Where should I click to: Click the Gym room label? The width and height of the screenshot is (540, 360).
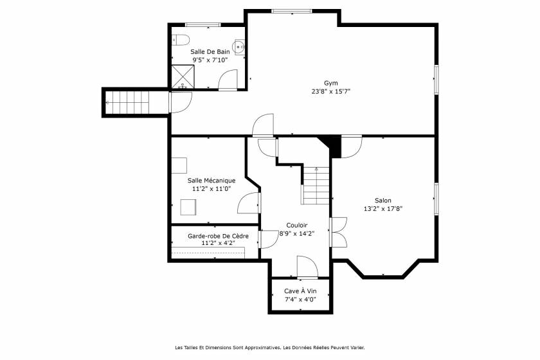(x=330, y=83)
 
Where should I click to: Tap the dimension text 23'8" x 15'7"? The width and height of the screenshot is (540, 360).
(x=330, y=91)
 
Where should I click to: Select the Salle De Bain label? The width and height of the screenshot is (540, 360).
(x=210, y=51)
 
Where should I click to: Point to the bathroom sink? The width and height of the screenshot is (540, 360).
(x=239, y=46)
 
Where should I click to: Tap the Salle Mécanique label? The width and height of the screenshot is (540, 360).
(x=212, y=181)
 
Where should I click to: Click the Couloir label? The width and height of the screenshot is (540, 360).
(x=296, y=225)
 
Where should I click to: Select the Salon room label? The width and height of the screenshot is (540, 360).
(x=382, y=201)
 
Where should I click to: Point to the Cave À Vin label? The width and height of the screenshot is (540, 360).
(x=300, y=291)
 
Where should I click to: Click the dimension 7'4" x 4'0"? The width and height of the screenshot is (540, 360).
(x=300, y=300)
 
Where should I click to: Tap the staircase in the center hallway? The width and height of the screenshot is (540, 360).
(x=316, y=184)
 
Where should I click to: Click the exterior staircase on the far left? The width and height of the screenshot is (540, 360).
(x=127, y=102)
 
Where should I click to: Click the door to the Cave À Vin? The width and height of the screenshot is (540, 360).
(x=306, y=267)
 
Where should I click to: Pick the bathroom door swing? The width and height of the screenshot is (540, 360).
(x=228, y=80)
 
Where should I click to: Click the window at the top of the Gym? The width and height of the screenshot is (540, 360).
(x=292, y=11)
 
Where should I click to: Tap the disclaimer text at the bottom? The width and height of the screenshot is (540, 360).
(x=269, y=348)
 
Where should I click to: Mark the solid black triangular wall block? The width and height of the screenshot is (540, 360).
(x=332, y=144)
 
